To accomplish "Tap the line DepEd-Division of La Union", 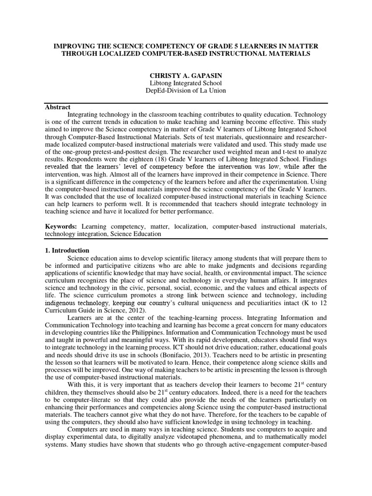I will (x=186, y=90).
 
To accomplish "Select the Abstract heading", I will (x=58, y=107).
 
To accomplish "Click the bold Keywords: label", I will (x=61, y=226).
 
